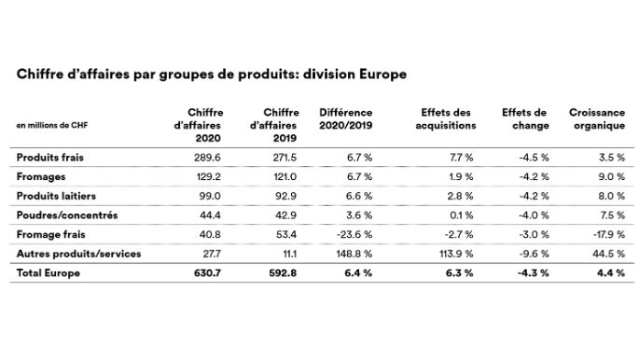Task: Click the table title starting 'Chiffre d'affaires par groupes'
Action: click(x=210, y=74)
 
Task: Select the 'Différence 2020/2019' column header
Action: click(x=345, y=118)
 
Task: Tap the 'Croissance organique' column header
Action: click(x=596, y=118)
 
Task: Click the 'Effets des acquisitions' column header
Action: click(x=448, y=118)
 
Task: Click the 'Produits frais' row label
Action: click(x=49, y=157)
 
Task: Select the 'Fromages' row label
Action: click(x=39, y=176)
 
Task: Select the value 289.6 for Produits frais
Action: click(x=208, y=157)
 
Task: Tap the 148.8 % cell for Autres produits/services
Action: click(x=354, y=253)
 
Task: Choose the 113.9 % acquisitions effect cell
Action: click(x=457, y=253)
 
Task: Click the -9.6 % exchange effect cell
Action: click(x=532, y=253)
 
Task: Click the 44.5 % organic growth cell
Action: click(x=607, y=253)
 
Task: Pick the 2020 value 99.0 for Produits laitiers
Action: click(x=210, y=196)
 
